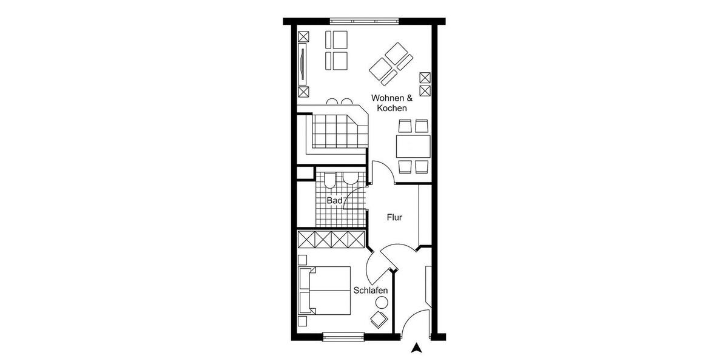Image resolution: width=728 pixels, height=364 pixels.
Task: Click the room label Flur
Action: tap(394, 217)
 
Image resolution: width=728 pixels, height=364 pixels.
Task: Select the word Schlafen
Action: tap(371, 291)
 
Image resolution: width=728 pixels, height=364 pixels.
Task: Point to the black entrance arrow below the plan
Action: tap(416, 348)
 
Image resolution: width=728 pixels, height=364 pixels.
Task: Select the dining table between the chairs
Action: tap(413, 146)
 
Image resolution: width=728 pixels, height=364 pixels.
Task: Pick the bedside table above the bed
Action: tap(303, 259)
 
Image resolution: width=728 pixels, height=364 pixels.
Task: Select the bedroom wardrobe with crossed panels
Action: tap(331, 239)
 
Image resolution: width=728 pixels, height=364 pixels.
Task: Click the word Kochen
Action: tap(391, 108)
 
